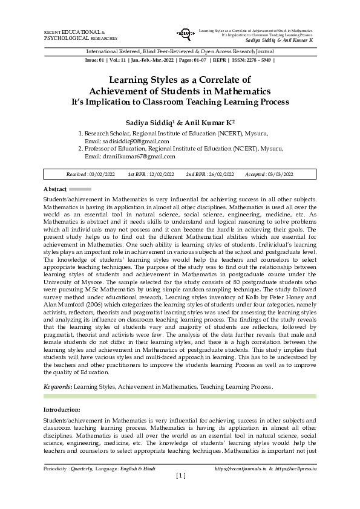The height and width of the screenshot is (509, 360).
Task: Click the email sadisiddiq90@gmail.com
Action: coord(135,141)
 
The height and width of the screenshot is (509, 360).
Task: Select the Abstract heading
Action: coord(54,189)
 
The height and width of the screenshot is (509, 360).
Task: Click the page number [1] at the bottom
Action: coord(180,476)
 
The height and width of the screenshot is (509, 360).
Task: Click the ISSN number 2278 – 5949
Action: coord(257,61)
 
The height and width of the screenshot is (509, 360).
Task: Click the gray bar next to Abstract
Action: coord(80,189)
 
